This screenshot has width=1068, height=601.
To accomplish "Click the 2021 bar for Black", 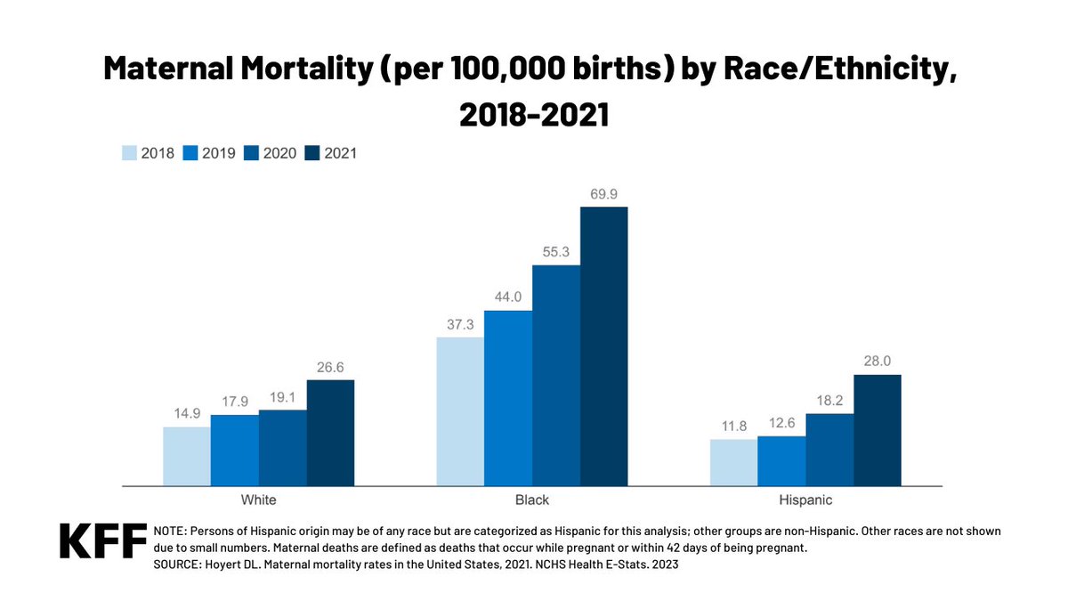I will [603, 346].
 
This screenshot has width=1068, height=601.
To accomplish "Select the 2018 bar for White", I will [187, 456].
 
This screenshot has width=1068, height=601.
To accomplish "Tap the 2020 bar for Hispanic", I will [829, 450].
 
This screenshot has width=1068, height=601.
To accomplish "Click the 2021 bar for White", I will [330, 433].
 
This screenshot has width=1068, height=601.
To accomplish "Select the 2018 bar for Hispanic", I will [733, 462].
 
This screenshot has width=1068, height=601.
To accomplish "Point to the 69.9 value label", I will [603, 193].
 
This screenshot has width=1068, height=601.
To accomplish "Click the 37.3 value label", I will [460, 323].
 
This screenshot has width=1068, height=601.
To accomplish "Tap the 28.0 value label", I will [877, 361].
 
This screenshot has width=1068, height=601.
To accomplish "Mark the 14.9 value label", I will [187, 413].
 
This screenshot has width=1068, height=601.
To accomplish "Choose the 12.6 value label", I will [781, 422].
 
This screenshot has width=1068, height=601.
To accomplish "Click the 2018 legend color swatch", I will [130, 152].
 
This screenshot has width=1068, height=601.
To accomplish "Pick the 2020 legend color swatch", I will [252, 152].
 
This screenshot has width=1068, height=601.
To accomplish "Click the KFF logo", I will [102, 541].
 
